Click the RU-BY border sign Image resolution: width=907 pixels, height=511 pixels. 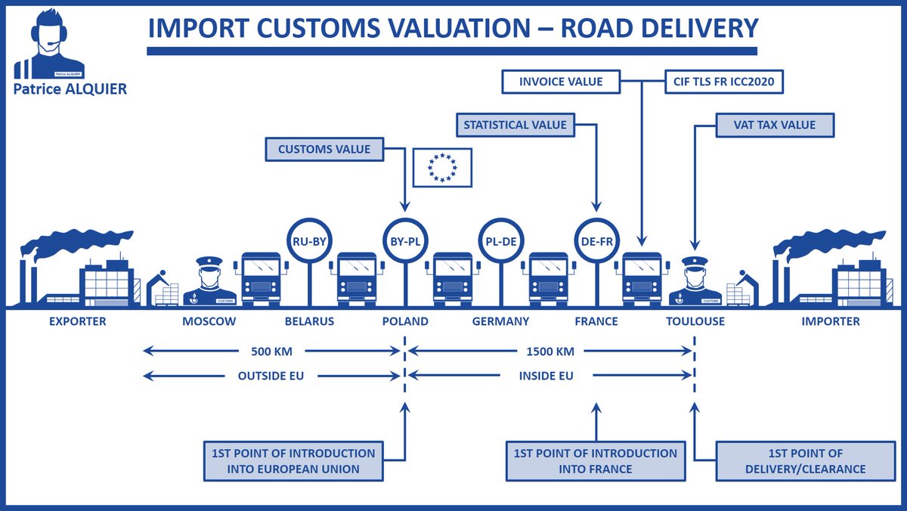coord(308,240)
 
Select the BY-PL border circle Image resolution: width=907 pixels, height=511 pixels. coord(405,240)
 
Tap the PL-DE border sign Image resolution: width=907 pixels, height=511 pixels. coord(502,240)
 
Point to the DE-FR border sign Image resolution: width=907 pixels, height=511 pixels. coord(597,240)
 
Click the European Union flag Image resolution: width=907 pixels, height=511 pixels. coord(442,167)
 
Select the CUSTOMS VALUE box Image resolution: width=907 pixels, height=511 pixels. coord(324,149)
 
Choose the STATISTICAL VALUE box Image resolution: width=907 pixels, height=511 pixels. coord(515,125)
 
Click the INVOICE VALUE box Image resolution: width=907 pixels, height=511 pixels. coord(561,81)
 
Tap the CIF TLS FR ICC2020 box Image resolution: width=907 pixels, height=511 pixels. coord(723,81)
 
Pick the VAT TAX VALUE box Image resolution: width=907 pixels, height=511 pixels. coord(775,125)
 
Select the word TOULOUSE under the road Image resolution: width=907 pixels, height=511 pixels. coord(695,321)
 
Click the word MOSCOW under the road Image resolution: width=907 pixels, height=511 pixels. coord(209,321)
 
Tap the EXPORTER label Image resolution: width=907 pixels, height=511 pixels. coord(78,321)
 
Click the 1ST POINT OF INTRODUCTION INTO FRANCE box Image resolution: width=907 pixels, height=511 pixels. coord(596,461)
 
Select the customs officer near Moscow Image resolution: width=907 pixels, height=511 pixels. coord(209,282)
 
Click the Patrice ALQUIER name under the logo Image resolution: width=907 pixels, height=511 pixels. coord(71,89)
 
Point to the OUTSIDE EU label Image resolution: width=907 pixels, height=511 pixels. coord(271,375)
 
